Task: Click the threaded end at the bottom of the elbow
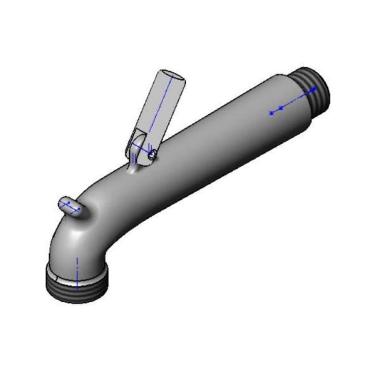tap(76, 289)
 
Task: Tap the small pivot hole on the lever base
tap(153, 154)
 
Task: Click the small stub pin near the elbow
tap(70, 206)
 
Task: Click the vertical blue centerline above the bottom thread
tap(77, 269)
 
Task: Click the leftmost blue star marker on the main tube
tap(271, 113)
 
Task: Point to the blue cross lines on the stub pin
tap(69, 205)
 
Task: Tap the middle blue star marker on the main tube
tap(281, 108)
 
